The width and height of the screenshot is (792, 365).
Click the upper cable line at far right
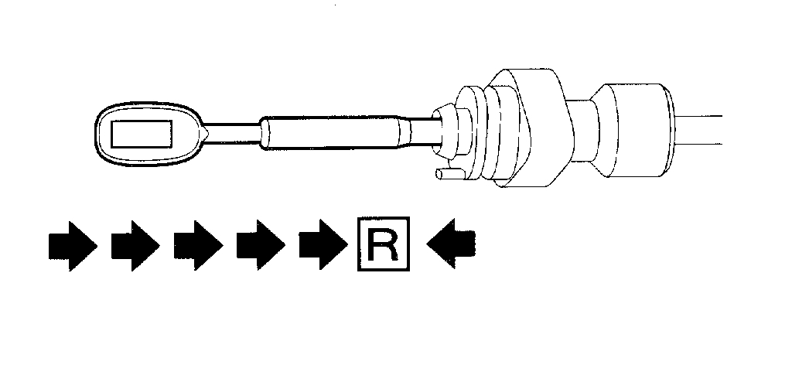700,117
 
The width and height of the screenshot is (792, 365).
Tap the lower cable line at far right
700,142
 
